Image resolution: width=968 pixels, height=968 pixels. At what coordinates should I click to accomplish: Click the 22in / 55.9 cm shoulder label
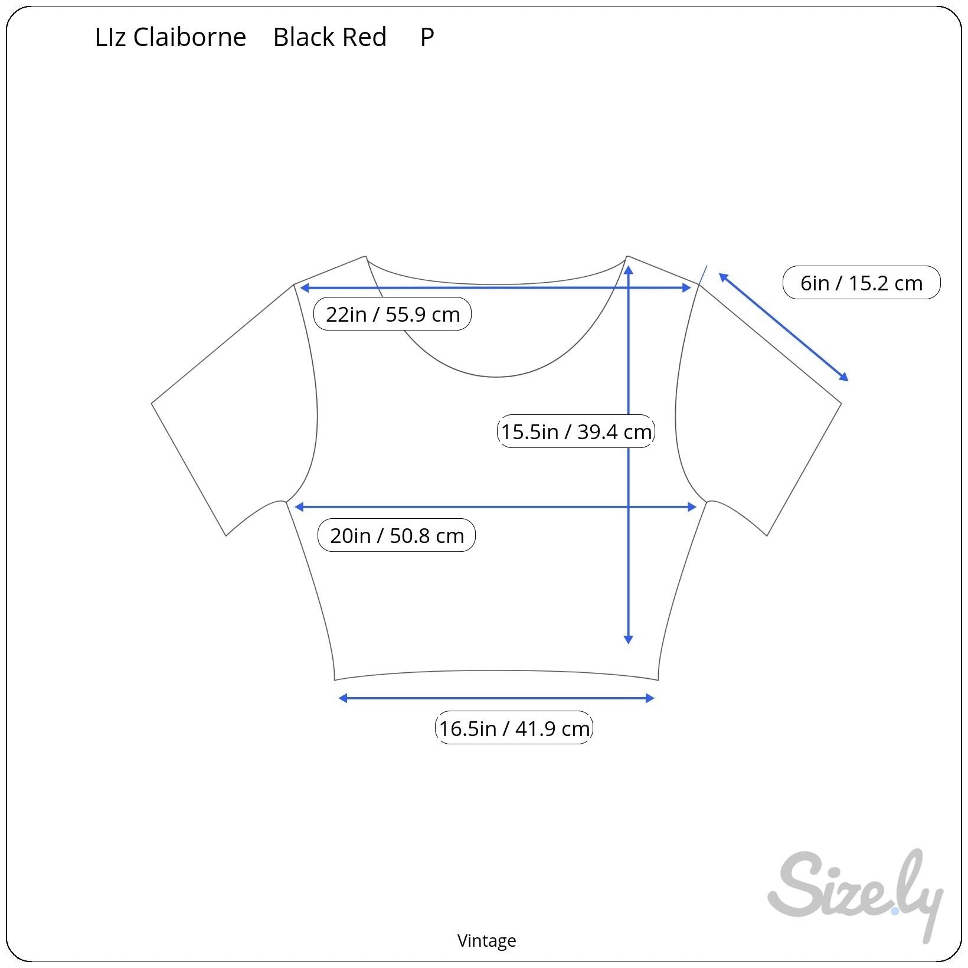393,314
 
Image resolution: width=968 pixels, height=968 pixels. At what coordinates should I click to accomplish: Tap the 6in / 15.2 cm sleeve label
861,283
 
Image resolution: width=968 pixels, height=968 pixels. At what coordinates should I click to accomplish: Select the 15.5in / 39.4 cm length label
576,431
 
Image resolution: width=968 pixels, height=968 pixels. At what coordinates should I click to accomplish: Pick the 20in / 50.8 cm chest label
397,535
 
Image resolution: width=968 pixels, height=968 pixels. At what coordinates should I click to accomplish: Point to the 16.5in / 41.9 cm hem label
514,728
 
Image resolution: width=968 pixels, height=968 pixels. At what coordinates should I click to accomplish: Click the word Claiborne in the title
189,37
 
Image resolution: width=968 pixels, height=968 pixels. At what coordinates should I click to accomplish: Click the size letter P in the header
427,37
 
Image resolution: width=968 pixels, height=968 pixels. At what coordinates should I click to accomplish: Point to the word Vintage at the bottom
486,940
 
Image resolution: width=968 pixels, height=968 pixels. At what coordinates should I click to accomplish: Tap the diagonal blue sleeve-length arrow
783,327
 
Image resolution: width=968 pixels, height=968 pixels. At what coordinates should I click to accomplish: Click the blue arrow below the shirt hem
496,698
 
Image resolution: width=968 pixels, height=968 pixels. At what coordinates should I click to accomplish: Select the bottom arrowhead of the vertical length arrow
628,639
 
